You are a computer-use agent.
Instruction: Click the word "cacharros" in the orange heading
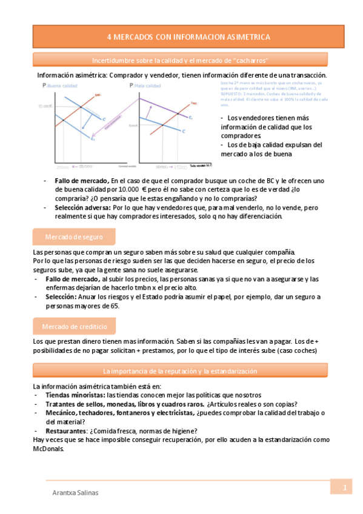pos(247,61)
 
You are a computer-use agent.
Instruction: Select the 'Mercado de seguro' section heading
pos(73,236)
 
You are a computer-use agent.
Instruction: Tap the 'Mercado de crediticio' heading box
pos(73,327)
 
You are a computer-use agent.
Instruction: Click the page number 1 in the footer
pos(344,487)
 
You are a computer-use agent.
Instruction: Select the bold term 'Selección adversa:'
pos(77,207)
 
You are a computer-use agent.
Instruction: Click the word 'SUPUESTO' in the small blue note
pos(231,94)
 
